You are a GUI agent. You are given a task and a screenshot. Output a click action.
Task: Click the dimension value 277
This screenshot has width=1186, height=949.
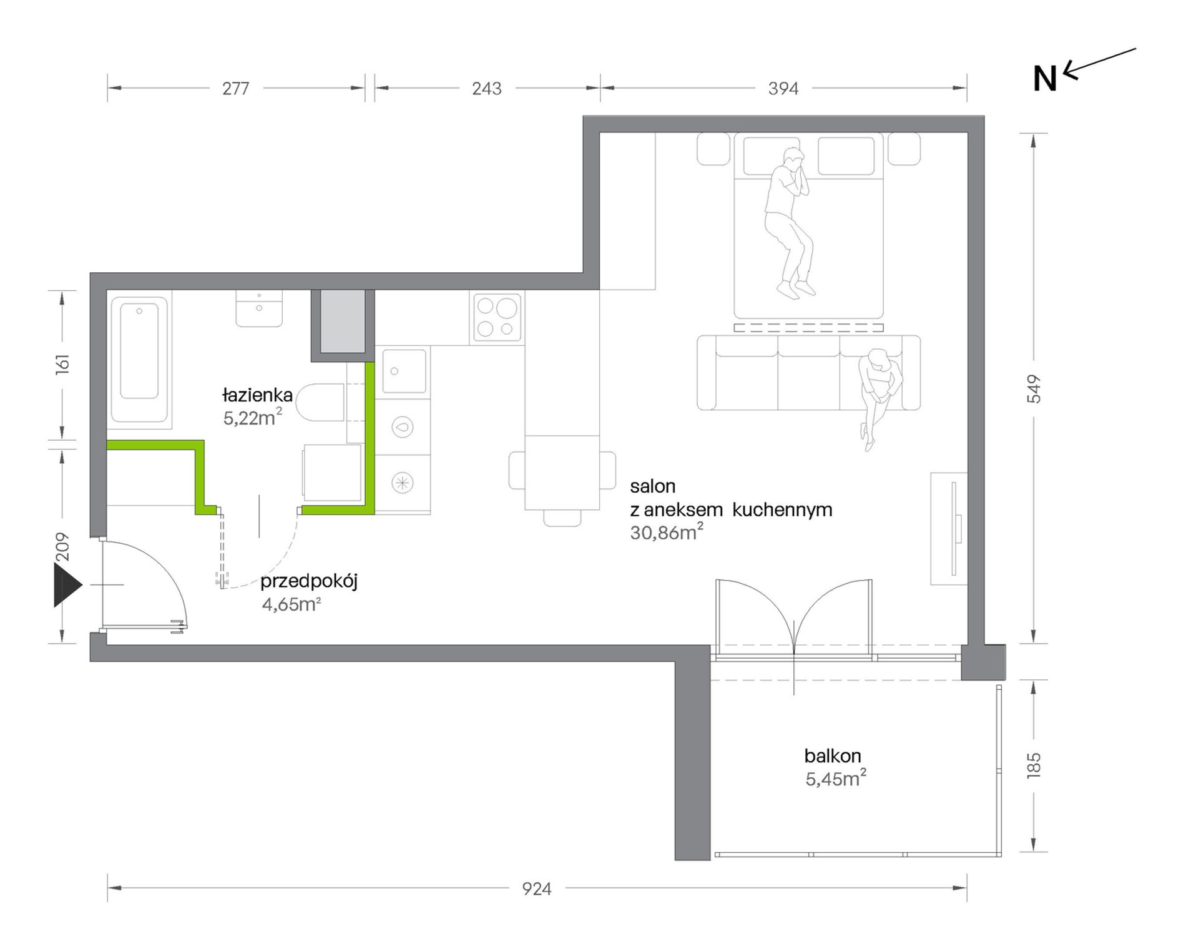click(236, 89)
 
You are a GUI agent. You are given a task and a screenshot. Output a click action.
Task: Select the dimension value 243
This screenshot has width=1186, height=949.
click(487, 89)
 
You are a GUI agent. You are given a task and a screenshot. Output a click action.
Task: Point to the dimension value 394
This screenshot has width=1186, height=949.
click(783, 89)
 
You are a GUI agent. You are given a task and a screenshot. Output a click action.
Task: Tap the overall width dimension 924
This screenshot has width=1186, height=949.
click(537, 888)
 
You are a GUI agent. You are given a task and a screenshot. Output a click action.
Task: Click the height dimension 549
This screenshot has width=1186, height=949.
click(1034, 389)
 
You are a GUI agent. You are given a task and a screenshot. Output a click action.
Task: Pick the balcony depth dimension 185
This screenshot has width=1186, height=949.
click(1034, 765)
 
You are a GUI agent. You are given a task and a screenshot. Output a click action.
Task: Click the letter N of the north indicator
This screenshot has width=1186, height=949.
click(1045, 79)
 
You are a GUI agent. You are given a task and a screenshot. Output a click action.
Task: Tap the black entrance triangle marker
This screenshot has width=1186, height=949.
click(67, 585)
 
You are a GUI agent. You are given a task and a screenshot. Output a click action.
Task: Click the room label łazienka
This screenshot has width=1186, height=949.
click(257, 395)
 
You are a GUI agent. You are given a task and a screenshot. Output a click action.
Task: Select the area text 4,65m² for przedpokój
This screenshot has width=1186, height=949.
click(292, 604)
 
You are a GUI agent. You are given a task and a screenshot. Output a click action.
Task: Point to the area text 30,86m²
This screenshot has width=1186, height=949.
click(667, 532)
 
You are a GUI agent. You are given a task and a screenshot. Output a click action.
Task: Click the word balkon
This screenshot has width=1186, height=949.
click(833, 756)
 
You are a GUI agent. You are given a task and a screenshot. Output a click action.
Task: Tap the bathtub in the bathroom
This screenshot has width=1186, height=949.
click(139, 360)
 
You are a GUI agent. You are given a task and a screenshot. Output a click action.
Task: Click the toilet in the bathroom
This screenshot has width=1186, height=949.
click(320, 403)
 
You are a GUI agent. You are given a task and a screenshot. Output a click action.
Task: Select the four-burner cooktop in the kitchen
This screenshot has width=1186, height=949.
click(497, 318)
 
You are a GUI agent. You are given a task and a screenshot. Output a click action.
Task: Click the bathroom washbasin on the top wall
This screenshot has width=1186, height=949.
click(259, 308)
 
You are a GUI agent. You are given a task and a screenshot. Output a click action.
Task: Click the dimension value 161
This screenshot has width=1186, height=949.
click(62, 364)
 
